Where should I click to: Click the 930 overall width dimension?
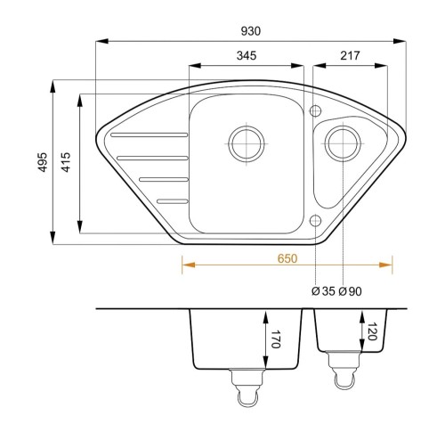tap(251, 31)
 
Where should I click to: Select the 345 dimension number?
tap(247, 55)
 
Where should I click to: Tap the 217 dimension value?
tap(350, 55)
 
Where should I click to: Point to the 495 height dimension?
tap(43, 162)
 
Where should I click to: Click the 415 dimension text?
tap(66, 162)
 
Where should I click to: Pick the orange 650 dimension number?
tap(287, 258)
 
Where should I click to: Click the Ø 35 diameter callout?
tap(323, 291)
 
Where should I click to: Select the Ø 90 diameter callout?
tap(350, 291)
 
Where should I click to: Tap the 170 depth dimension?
tap(275, 338)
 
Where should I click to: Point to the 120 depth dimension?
tap(372, 331)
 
